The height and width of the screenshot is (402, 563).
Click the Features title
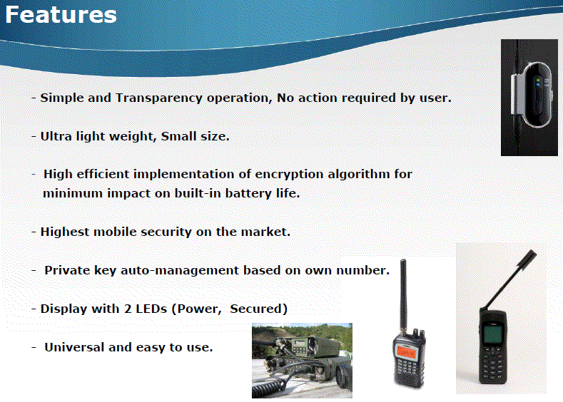61,14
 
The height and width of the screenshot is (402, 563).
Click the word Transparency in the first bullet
159,98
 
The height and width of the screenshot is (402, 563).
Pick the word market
265,232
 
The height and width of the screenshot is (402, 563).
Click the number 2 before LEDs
128,309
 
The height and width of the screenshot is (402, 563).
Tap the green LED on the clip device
538,80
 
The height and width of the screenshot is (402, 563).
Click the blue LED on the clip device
538,85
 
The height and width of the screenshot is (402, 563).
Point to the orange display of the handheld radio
406,353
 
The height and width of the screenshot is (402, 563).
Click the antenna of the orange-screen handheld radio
404,297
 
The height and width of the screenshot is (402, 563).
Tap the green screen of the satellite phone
492,334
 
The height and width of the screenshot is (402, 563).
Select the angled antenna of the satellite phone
510,279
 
